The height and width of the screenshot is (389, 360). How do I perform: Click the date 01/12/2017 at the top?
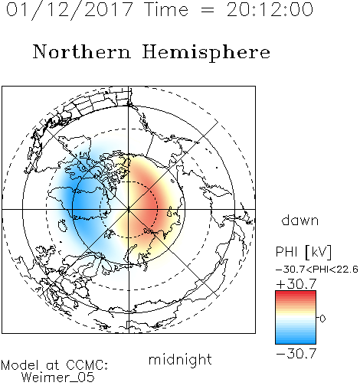(x=70, y=10)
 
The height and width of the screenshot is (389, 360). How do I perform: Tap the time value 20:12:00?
(x=270, y=10)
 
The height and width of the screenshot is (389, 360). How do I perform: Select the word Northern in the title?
(x=82, y=52)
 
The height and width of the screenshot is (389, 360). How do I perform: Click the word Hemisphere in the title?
(x=206, y=53)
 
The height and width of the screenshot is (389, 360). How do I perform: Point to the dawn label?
(x=300, y=220)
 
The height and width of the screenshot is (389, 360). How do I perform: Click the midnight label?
(x=180, y=359)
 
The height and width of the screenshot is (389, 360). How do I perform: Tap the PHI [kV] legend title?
(x=303, y=252)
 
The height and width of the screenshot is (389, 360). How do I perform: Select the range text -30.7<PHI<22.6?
(x=317, y=270)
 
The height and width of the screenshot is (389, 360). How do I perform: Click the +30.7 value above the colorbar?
(x=296, y=284)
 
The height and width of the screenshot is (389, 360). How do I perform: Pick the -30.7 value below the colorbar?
(x=296, y=354)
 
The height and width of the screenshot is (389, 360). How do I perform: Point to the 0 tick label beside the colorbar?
(x=322, y=319)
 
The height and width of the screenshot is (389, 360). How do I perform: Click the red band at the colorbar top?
(x=296, y=294)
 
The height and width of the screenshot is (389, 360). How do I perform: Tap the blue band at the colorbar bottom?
(x=296, y=341)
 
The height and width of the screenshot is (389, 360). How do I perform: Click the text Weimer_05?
(x=57, y=378)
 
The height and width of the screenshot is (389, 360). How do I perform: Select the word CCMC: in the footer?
(x=87, y=365)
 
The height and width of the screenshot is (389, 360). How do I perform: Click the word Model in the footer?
(x=20, y=365)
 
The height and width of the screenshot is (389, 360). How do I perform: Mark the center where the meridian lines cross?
(x=129, y=209)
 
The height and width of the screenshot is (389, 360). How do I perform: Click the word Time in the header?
(x=166, y=10)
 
